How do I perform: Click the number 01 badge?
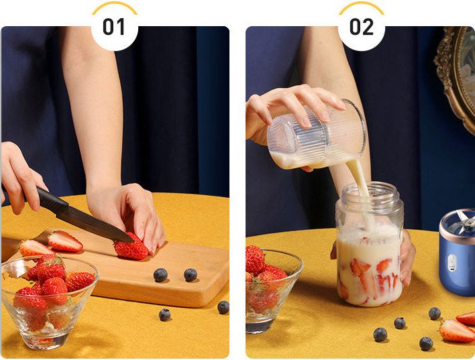[x=114, y=27]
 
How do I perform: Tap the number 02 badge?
[x=362, y=27]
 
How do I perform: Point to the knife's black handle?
[x=50, y=199]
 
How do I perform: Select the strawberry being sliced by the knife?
[x=131, y=247]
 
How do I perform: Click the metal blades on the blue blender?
[x=464, y=222]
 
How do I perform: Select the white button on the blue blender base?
[x=452, y=263]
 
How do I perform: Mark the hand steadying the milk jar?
[x=407, y=257]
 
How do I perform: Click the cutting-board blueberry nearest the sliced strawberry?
[x=160, y=275]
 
